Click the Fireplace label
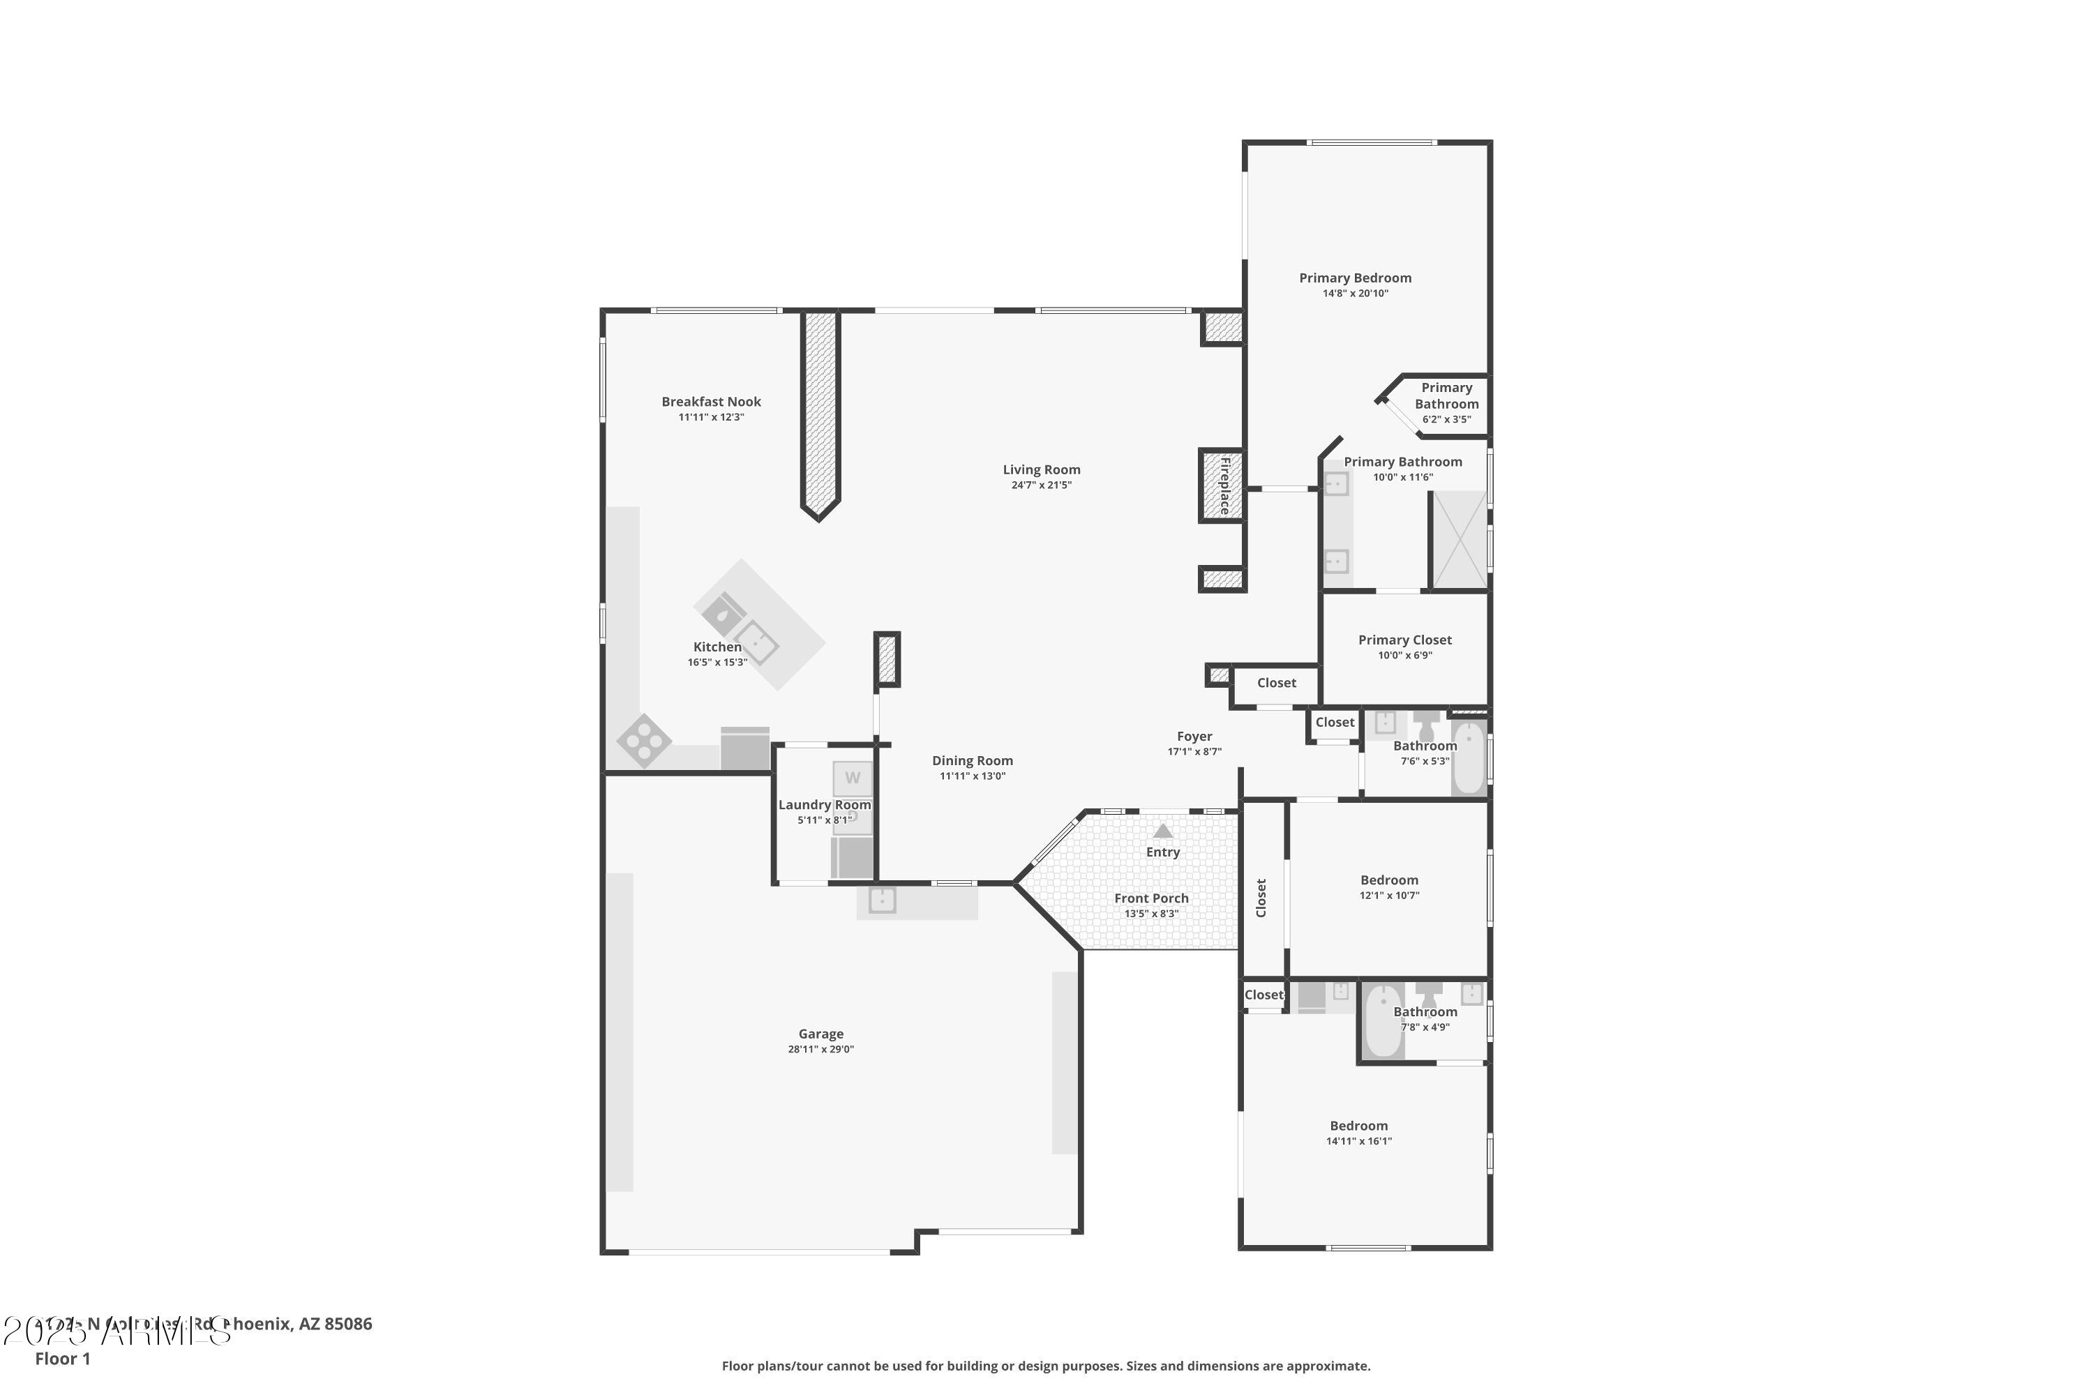[x=1224, y=485]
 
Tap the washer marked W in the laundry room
[x=853, y=778]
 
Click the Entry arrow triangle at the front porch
[x=1162, y=831]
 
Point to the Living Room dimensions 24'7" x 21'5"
[x=1041, y=485]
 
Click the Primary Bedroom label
[x=1354, y=278]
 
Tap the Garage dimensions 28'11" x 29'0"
[x=820, y=1049]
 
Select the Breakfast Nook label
[x=711, y=401]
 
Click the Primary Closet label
[x=1404, y=640]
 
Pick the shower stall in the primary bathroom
[x=1460, y=539]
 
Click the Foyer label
[x=1194, y=736]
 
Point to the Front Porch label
[x=1150, y=898]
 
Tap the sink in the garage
[x=882, y=900]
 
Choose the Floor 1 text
[x=62, y=1359]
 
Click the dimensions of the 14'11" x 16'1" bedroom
[x=1358, y=1140]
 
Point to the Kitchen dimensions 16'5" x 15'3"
[x=717, y=662]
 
